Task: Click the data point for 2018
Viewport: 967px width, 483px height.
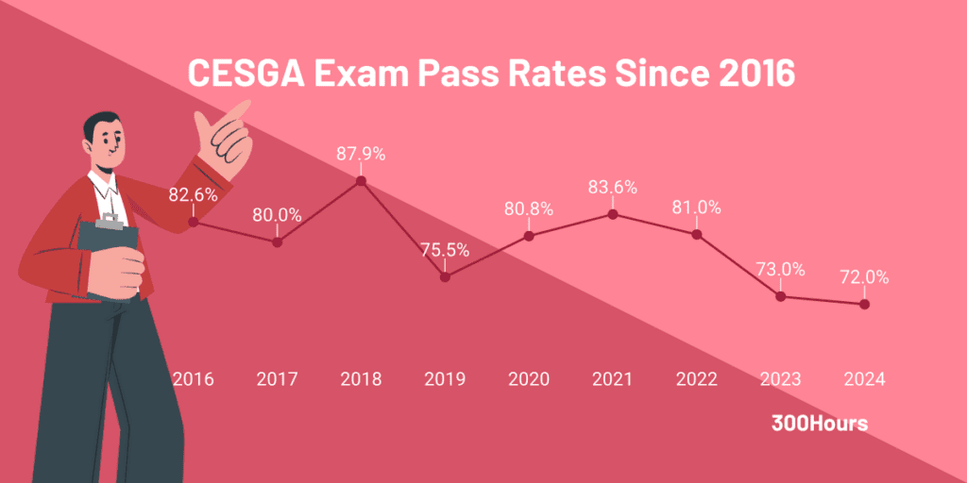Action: [361, 181]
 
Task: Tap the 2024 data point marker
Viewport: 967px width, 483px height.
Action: [864, 304]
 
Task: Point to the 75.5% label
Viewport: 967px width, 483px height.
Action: [445, 250]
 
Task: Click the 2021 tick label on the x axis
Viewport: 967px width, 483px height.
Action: [612, 379]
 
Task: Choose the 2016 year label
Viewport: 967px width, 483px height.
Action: [193, 379]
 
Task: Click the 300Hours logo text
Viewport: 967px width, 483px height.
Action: [819, 424]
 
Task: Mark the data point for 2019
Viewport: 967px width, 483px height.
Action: [445, 276]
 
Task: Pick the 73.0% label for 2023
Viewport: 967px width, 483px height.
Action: [780, 269]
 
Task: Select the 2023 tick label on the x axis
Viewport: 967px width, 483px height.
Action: [780, 379]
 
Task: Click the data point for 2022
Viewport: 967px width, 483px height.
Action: [697, 234]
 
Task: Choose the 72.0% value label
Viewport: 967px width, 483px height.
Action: [864, 278]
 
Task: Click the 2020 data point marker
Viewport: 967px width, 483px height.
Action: [529, 236]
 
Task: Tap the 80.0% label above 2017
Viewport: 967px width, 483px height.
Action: [277, 215]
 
